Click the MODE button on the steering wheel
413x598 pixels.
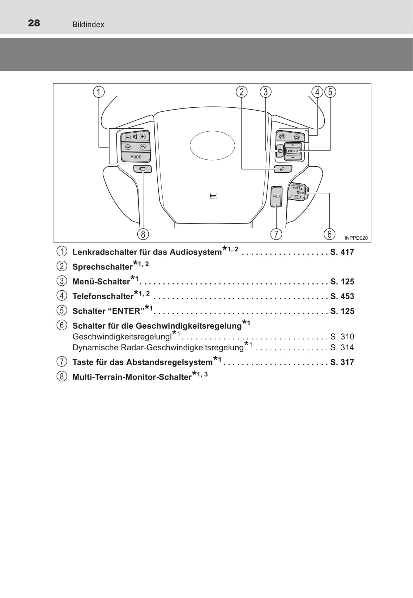[x=136, y=157]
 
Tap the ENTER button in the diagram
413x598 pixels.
[x=293, y=151]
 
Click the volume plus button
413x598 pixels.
[x=143, y=137]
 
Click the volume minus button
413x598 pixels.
[x=128, y=137]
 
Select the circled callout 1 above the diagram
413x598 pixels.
[x=98, y=92]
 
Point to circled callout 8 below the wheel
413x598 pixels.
[x=143, y=234]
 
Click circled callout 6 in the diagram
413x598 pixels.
[x=329, y=234]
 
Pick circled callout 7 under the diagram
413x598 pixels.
[x=276, y=234]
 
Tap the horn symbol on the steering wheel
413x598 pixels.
[x=213, y=196]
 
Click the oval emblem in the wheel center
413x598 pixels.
[x=212, y=145]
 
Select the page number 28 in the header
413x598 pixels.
[x=34, y=23]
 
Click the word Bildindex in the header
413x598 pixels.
[x=88, y=25]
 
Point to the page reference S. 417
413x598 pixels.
[x=342, y=252]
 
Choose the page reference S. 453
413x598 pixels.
[x=342, y=296]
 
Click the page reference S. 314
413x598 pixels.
[x=342, y=347]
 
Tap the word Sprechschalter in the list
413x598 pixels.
[x=103, y=267]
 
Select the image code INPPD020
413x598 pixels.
[x=356, y=238]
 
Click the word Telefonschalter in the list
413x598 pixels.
[x=103, y=296]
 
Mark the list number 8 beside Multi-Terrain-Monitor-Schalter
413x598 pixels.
[x=62, y=377]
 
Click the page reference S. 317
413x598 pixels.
[x=342, y=362]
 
